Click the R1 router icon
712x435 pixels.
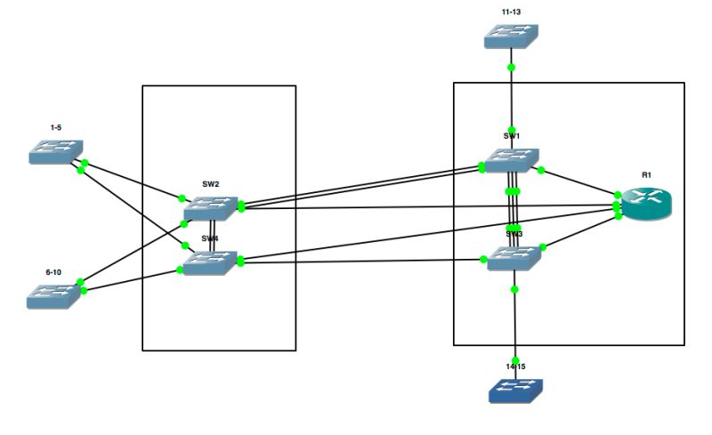point(646,205)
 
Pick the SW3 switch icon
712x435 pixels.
point(514,258)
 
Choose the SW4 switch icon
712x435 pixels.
point(211,262)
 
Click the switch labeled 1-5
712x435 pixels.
point(55,152)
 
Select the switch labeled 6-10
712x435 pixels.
point(54,296)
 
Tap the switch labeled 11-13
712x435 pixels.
point(513,36)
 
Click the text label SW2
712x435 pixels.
point(211,184)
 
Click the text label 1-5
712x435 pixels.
point(55,127)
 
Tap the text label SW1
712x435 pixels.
point(512,136)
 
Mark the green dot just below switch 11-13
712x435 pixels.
point(511,67)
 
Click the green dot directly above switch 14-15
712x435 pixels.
point(515,360)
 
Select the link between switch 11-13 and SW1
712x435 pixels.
point(511,98)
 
